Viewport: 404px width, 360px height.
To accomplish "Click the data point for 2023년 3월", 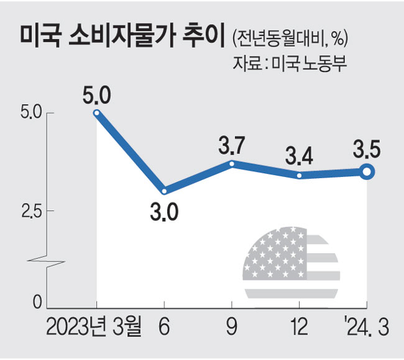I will point(97,113).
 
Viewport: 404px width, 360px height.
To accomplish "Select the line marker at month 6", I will point(164,191).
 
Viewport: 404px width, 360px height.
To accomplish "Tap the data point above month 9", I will point(232,164).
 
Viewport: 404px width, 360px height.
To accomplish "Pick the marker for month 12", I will point(300,176).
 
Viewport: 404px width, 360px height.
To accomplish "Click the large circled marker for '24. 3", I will point(367,172).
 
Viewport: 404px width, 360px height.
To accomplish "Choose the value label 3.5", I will point(367,150).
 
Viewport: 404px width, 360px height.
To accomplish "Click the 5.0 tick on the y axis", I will point(30,114).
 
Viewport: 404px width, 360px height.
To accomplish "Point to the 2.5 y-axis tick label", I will point(30,211).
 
